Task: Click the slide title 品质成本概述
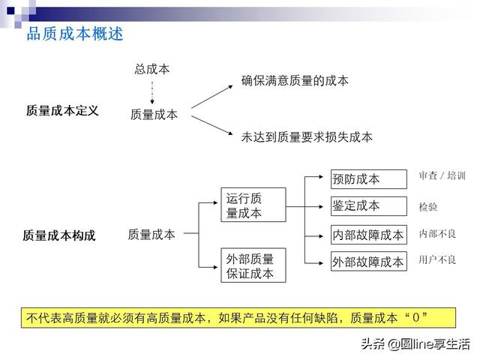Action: point(75,34)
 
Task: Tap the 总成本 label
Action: point(152,69)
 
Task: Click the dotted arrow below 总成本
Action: point(152,92)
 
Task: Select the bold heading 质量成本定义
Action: point(62,110)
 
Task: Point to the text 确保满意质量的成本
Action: point(295,81)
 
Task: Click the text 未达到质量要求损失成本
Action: point(307,137)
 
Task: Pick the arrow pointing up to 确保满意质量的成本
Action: point(212,97)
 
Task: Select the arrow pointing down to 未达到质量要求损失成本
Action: point(212,125)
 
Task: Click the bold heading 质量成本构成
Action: point(59,235)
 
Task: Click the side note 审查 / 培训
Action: point(442,175)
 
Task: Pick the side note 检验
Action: point(428,207)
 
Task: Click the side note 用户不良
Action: point(437,260)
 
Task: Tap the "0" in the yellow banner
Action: point(415,317)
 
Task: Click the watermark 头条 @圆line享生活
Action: point(415,344)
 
